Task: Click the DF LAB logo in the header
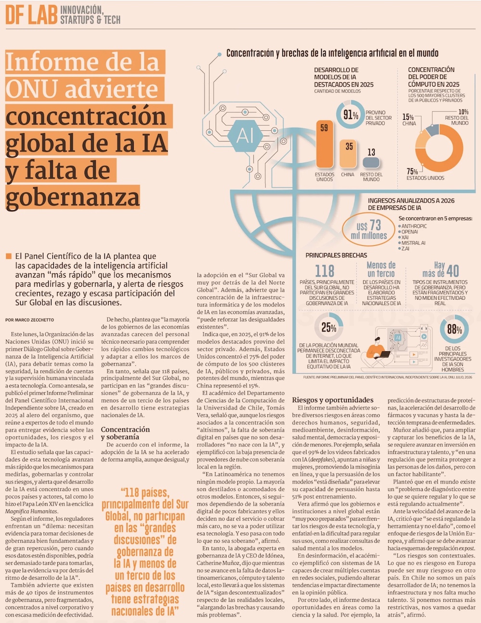(32, 15)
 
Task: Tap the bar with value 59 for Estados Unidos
(325, 144)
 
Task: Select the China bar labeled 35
(348, 153)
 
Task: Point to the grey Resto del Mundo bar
(371, 162)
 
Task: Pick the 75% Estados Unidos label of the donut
(425, 174)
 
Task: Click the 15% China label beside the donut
(409, 120)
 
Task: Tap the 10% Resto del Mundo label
(457, 117)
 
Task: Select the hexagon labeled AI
(245, 136)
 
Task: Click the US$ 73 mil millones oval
(368, 229)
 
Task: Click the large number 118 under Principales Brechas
(325, 271)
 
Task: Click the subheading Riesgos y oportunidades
(332, 400)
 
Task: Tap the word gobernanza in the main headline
(73, 198)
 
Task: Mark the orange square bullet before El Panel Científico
(9, 256)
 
